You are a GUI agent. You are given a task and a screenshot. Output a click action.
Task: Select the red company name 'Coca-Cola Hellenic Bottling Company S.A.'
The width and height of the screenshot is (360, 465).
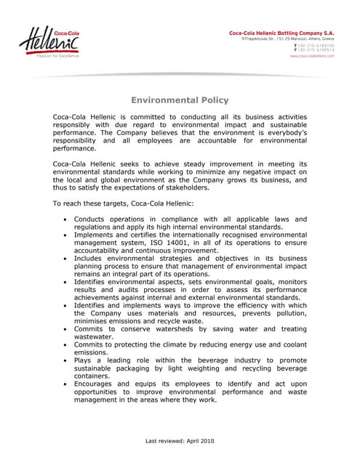coord(281,33)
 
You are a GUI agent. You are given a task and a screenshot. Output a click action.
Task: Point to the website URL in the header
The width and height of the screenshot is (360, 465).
coord(312,55)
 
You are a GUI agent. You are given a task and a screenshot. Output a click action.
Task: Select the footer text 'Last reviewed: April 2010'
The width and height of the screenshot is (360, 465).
coord(180,441)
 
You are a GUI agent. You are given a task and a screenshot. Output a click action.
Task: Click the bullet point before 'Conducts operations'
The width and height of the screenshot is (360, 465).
coord(66,219)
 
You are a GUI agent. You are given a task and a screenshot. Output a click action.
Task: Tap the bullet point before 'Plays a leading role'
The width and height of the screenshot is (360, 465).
coord(66,360)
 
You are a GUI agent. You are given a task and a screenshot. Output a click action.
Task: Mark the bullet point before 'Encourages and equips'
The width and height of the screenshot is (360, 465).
coord(66,384)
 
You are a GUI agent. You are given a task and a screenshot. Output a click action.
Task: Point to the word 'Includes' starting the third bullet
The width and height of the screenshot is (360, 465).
coord(92,258)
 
